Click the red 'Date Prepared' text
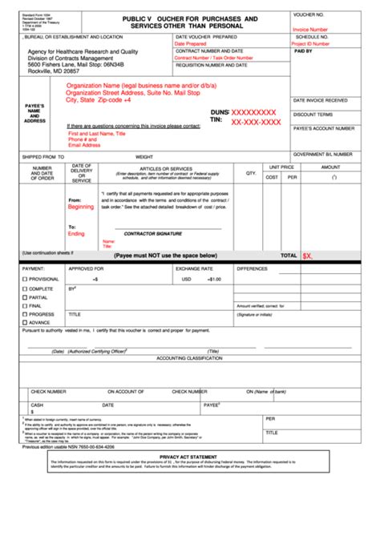coord(191,44)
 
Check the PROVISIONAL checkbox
coord(26,279)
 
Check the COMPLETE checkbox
coord(26,288)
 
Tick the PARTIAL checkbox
coord(26,297)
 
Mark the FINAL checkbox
coord(26,306)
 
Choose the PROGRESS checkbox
coord(26,315)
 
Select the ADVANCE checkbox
coord(26,323)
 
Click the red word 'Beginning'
coord(80,207)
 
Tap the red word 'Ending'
coord(76,234)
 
